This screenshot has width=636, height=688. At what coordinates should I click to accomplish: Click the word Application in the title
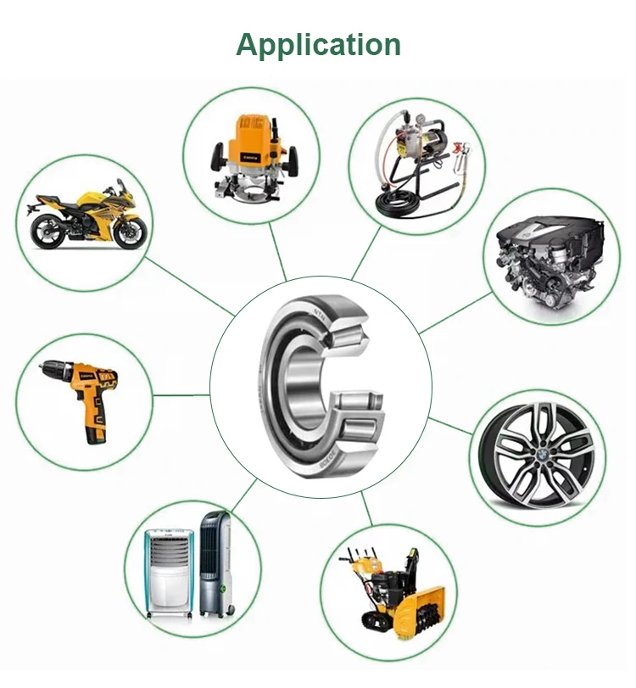pos(318,43)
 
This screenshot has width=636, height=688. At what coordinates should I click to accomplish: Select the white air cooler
pos(170,568)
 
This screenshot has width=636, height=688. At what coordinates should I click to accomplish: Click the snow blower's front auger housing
pos(418,607)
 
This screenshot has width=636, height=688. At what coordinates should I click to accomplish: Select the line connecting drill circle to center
pos(181,394)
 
